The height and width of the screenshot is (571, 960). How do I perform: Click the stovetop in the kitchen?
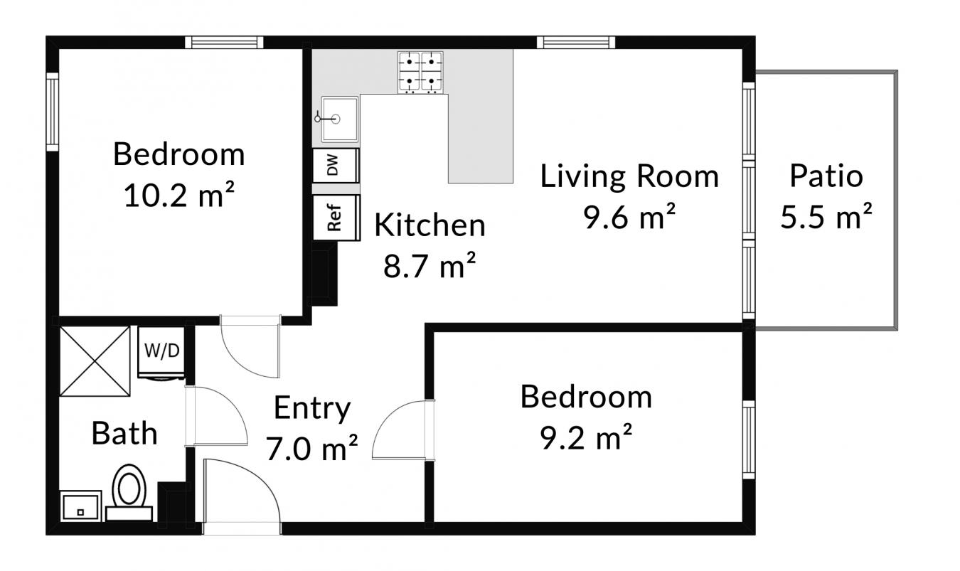pos(420,72)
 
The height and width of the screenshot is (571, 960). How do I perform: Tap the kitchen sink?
pos(339,119)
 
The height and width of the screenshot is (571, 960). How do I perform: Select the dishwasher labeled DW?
pos(336,166)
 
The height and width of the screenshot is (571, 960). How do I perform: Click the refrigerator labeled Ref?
pos(336,218)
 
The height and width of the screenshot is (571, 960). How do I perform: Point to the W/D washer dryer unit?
pos(161,353)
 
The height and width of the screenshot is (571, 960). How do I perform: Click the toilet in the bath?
pos(129,492)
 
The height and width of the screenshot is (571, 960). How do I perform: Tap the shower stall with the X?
pos(95,361)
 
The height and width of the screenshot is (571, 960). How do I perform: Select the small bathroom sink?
pos(81,506)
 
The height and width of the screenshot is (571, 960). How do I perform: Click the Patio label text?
pos(826,176)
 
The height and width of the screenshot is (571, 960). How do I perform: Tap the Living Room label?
pos(629,176)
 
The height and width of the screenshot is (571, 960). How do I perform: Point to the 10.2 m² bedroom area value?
pos(179,195)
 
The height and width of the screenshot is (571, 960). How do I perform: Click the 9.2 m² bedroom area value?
pos(586,437)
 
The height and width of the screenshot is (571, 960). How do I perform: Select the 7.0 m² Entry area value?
pos(312,448)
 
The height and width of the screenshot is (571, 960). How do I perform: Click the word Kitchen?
pos(430,225)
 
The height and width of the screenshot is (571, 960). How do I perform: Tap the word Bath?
pos(124,433)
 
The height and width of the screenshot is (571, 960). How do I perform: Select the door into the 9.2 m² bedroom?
pos(403,429)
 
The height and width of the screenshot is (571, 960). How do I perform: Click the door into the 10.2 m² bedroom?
pos(250,347)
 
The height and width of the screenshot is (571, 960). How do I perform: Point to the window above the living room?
pos(576,43)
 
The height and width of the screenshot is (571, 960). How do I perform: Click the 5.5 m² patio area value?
pos(826,216)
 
